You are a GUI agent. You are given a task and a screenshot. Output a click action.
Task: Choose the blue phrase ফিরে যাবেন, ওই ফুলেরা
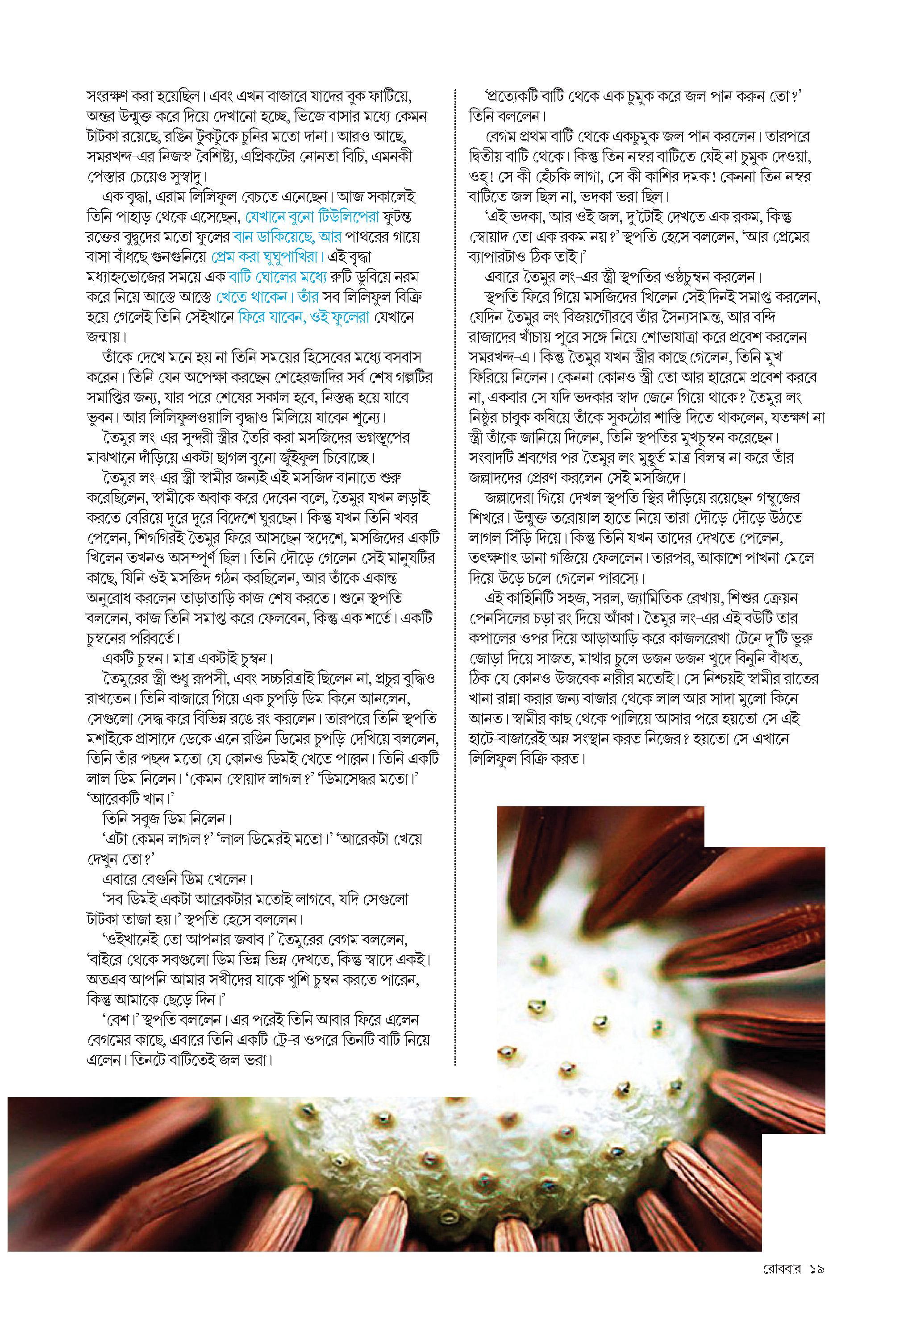click(304, 318)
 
